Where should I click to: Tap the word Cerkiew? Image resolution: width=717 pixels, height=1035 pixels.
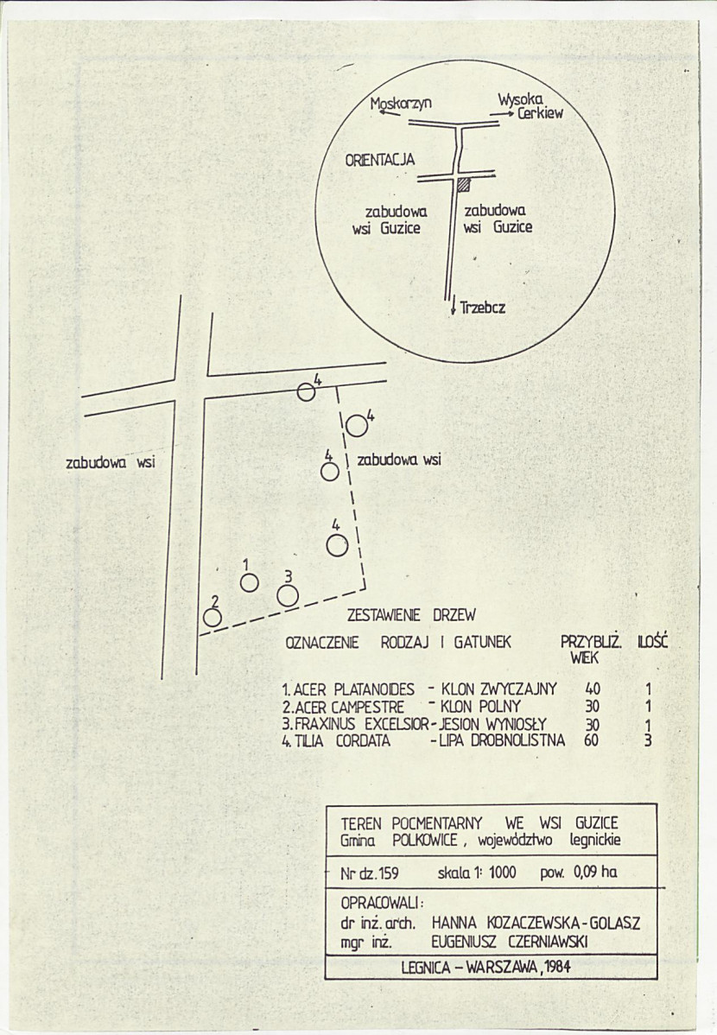pyautogui.click(x=541, y=113)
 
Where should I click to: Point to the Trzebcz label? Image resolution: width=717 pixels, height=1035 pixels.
pyautogui.click(x=483, y=308)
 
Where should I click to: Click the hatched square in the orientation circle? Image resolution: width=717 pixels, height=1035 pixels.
pyautogui.click(x=464, y=185)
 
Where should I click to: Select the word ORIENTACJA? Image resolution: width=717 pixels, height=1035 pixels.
pyautogui.click(x=380, y=160)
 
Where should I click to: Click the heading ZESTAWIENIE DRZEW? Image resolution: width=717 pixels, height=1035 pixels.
pyautogui.click(x=411, y=616)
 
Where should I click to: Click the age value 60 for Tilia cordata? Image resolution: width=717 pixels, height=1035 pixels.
pyautogui.click(x=591, y=740)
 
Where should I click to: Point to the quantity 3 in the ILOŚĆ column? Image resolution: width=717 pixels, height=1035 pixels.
pyautogui.click(x=648, y=740)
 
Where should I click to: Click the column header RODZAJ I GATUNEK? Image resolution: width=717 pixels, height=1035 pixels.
pyautogui.click(x=446, y=642)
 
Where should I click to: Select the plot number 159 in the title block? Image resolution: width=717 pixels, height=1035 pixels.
pyautogui.click(x=388, y=873)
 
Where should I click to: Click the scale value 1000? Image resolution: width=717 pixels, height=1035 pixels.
pyautogui.click(x=502, y=873)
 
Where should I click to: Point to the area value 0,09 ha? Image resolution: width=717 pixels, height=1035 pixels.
pyautogui.click(x=595, y=872)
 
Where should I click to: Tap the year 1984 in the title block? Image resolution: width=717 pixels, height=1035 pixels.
pyautogui.click(x=556, y=968)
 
